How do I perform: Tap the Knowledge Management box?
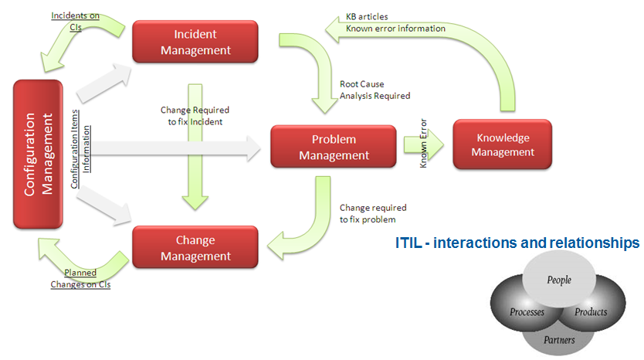tap(502, 144)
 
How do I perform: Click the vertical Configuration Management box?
tap(38, 154)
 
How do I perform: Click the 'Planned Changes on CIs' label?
tap(80, 278)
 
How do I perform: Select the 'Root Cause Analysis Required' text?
tap(375, 90)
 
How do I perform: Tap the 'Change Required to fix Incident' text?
tap(195, 115)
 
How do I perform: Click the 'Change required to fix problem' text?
tap(373, 213)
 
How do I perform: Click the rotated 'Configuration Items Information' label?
tap(80, 147)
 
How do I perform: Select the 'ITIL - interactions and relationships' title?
tap(517, 243)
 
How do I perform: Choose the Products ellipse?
tap(591, 312)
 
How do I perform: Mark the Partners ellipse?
tap(558, 338)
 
